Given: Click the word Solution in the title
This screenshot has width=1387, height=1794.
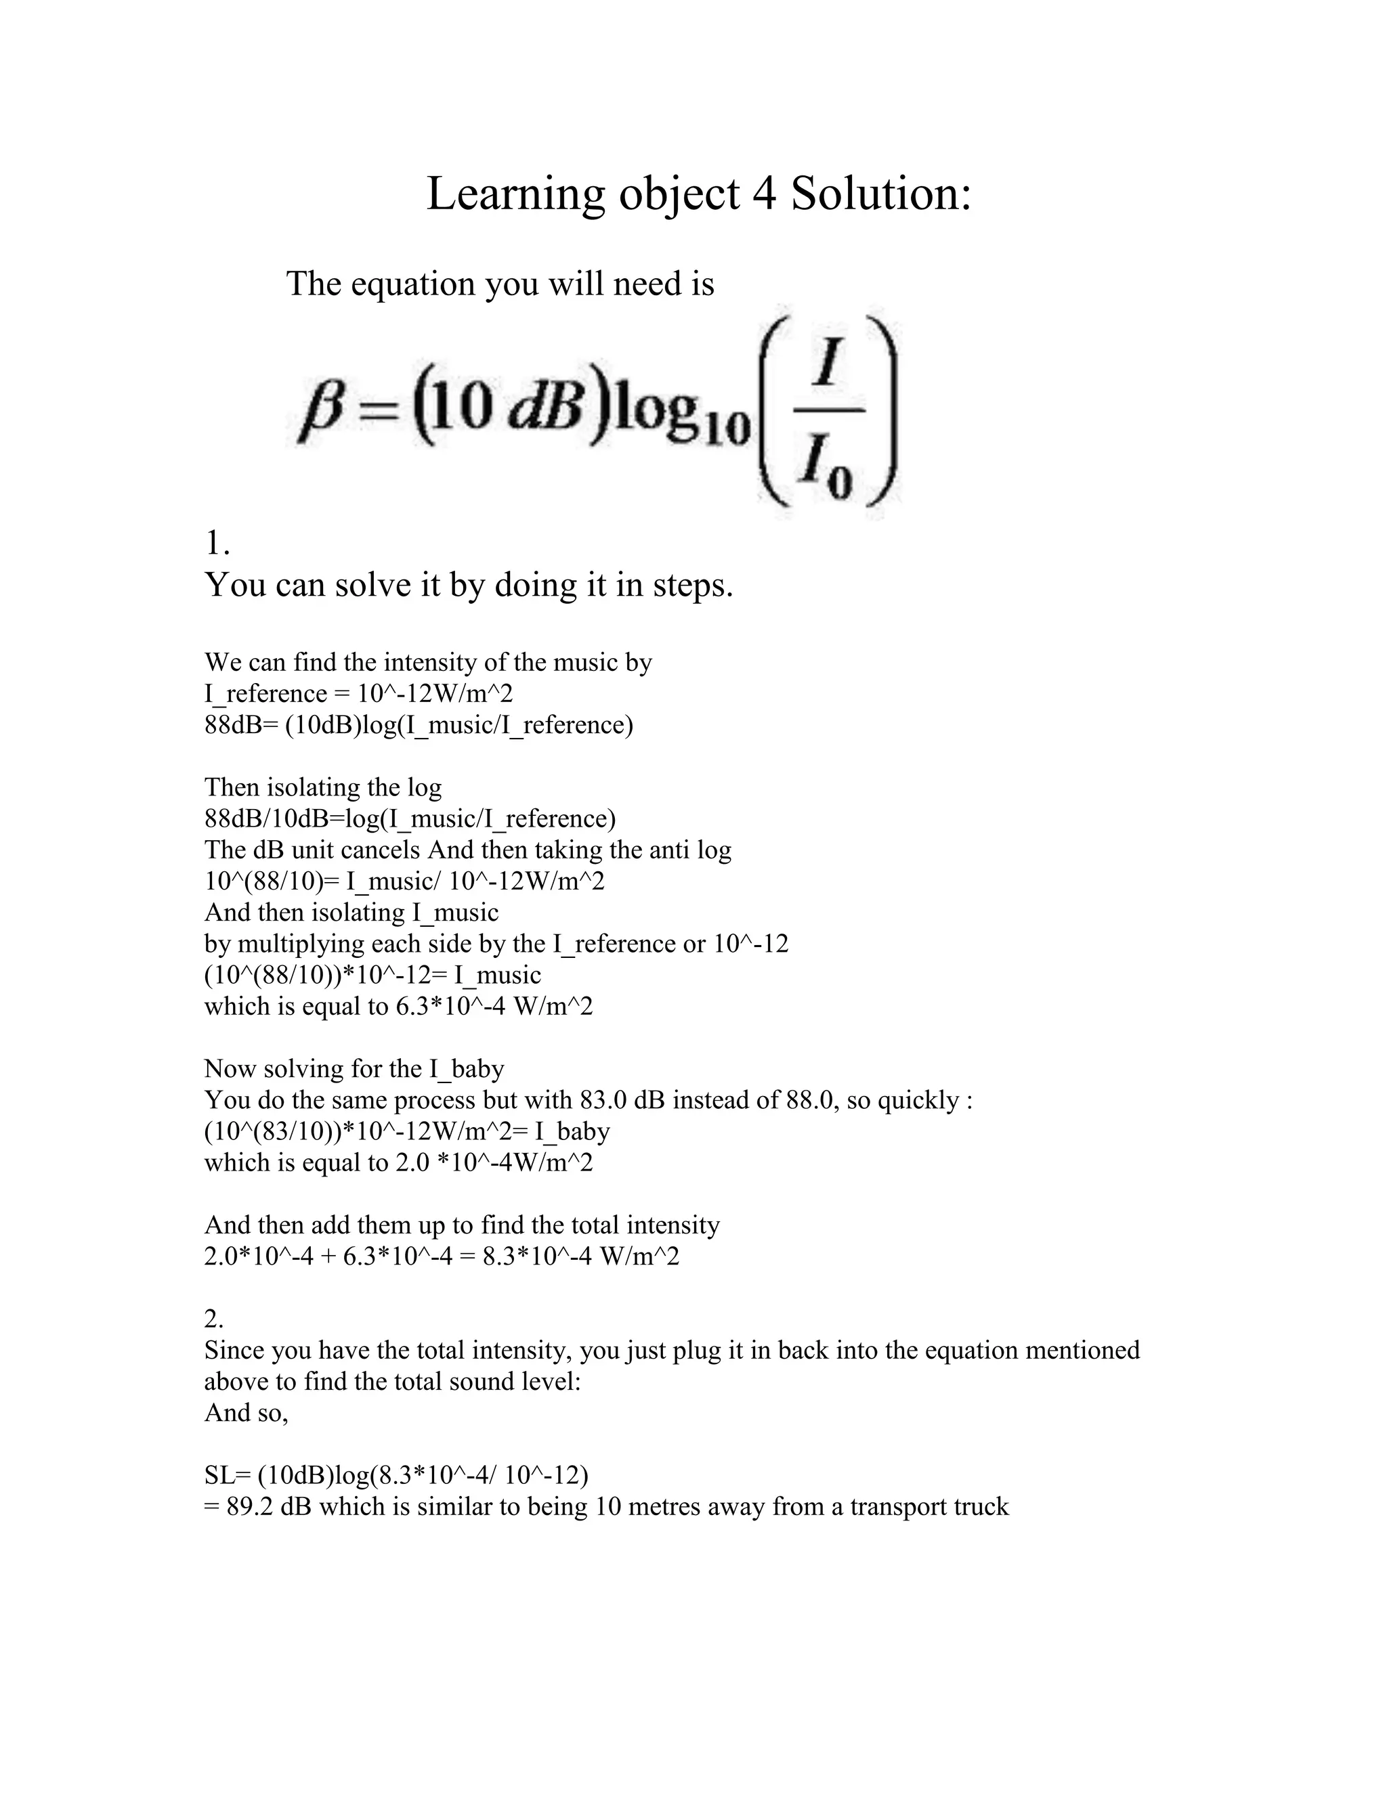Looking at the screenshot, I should pyautogui.click(x=881, y=195).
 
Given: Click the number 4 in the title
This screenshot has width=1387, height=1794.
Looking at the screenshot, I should pyautogui.click(x=764, y=195).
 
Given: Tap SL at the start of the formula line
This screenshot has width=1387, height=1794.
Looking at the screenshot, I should pyautogui.click(x=219, y=1475).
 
